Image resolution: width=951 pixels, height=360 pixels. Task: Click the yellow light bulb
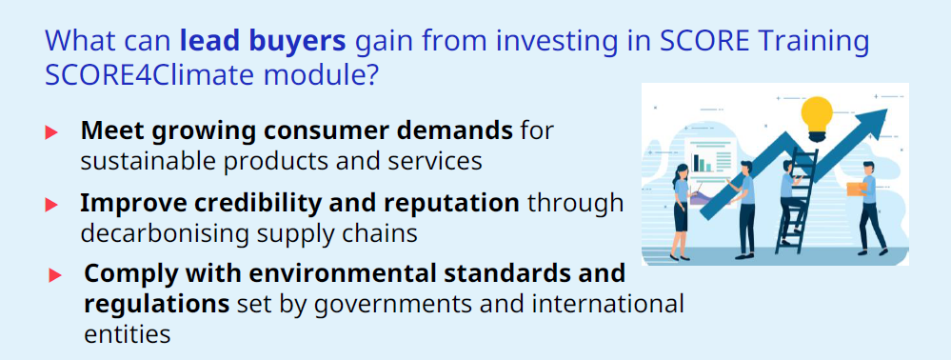tap(817, 116)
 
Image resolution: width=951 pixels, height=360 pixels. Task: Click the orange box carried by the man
tap(857, 189)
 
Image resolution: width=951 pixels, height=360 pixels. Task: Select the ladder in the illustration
tap(797, 200)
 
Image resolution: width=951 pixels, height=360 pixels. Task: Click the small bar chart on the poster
tap(703, 163)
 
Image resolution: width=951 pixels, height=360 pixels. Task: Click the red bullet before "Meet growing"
tap(51, 132)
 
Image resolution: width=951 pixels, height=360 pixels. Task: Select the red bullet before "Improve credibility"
tap(51, 205)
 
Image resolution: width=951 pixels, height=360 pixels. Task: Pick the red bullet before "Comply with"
tap(55, 275)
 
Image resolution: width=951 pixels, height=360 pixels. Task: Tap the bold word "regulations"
tap(156, 304)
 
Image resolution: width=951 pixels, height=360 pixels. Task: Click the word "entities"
tap(128, 334)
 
